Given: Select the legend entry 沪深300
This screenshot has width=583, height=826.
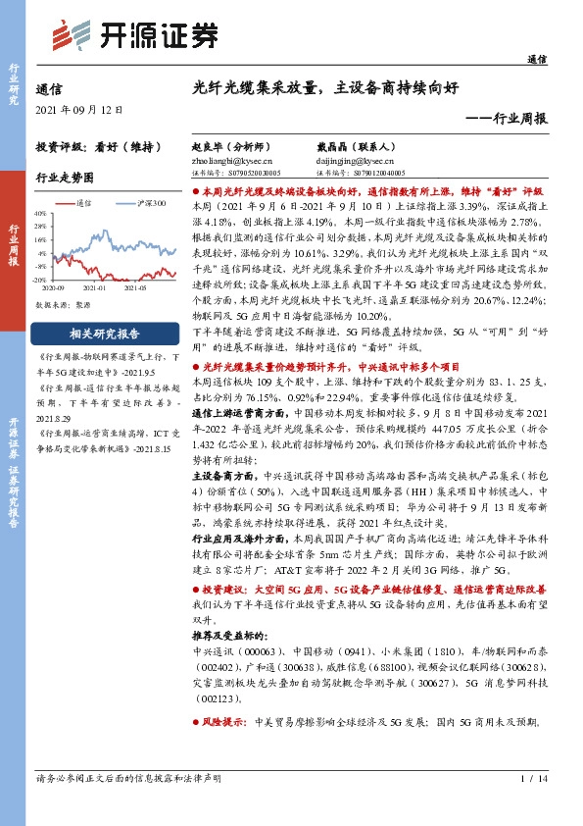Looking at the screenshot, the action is [150, 203].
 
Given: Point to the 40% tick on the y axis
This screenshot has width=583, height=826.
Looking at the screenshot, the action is [40, 212].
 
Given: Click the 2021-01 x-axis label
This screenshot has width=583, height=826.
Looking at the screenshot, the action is [96, 289].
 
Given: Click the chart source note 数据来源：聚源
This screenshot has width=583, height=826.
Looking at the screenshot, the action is [65, 305].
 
